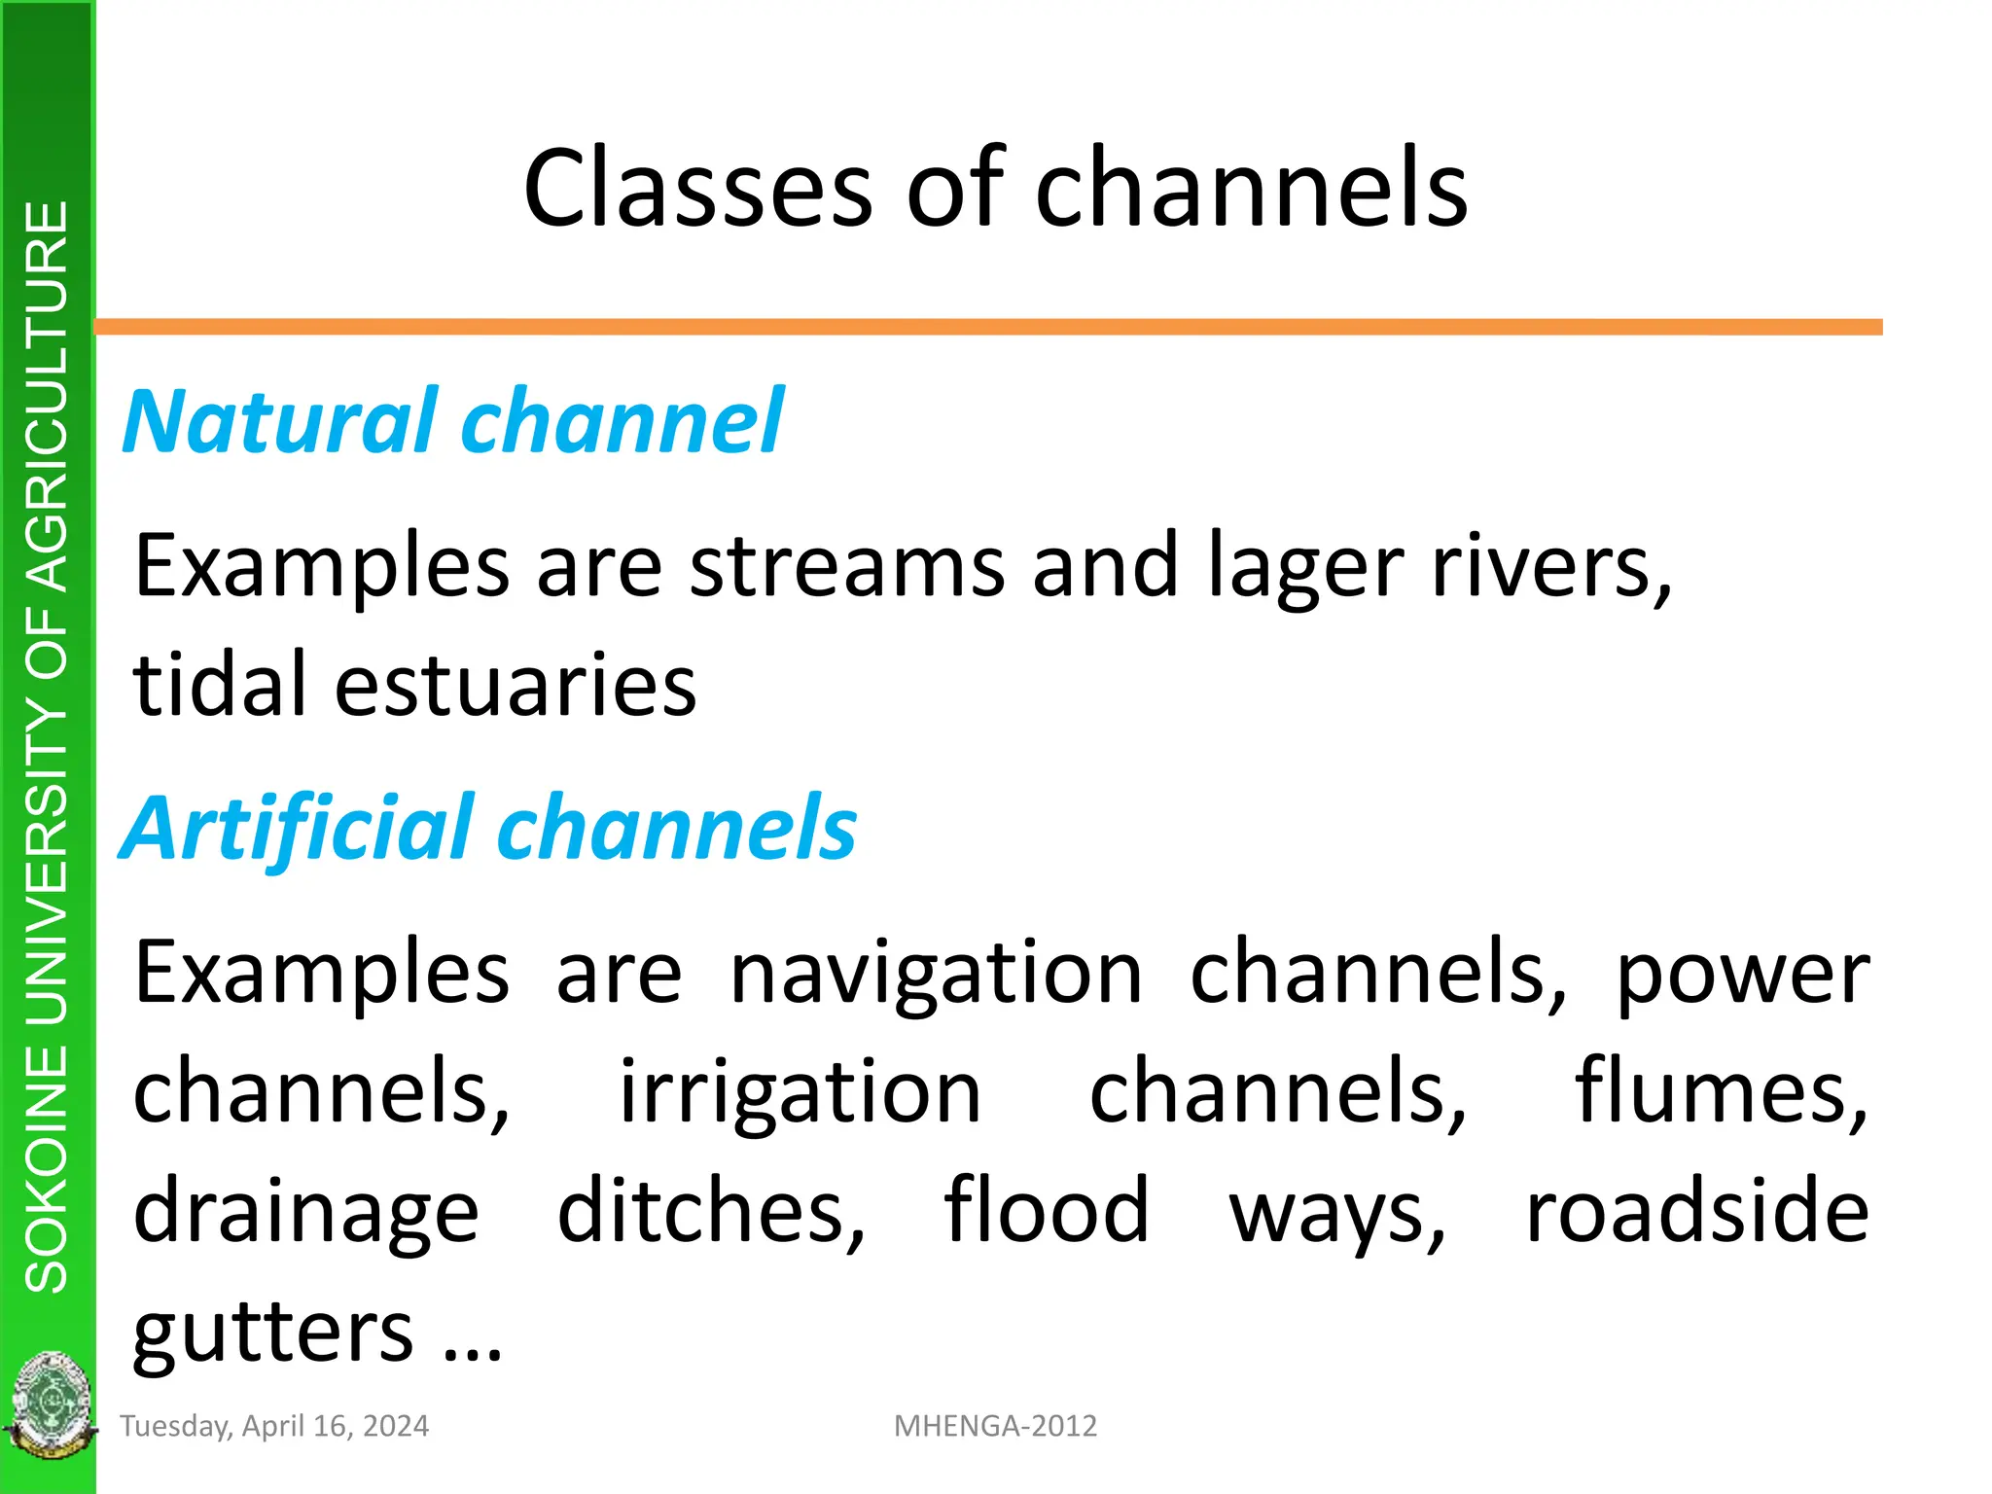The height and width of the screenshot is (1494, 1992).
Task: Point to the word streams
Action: point(847,566)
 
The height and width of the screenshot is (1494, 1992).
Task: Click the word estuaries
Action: point(516,685)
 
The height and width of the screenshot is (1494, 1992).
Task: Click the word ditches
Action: point(710,1211)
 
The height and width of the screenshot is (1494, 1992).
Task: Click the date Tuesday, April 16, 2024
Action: point(274,1426)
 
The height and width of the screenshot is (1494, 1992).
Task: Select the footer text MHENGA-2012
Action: point(995,1426)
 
